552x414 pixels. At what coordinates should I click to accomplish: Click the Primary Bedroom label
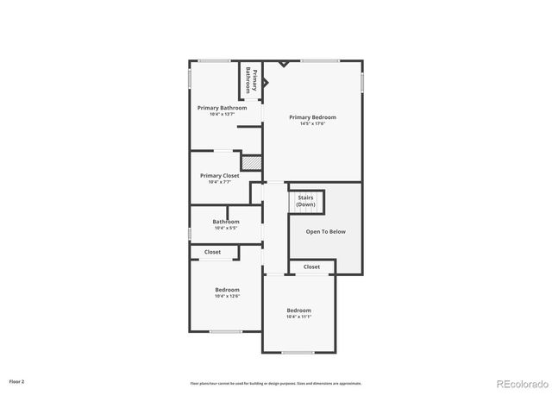pos(312,117)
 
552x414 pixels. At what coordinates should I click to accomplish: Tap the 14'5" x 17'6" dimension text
pos(312,123)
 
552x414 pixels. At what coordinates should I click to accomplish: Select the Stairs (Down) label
pos(306,201)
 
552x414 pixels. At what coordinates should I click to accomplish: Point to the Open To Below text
pos(326,231)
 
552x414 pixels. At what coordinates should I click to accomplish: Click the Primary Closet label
pos(220,175)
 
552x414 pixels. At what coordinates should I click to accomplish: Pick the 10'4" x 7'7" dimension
pos(220,181)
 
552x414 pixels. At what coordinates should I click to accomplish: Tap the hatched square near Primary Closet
pos(251,161)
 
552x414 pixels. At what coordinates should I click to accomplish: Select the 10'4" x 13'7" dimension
pos(222,114)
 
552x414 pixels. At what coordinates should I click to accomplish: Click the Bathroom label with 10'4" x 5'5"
pos(226,222)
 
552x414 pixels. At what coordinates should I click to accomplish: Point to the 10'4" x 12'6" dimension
pos(228,296)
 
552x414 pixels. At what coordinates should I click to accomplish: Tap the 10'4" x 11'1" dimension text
pos(299,317)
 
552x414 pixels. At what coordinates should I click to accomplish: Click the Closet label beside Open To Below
pos(311,267)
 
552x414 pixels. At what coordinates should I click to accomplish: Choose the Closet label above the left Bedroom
pos(212,252)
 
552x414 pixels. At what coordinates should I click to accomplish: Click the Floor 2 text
pos(17,380)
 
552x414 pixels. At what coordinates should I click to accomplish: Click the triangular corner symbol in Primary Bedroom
pos(283,64)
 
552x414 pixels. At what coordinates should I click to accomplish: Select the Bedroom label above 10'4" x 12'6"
pos(228,290)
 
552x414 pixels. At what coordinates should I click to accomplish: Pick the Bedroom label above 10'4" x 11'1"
pos(299,310)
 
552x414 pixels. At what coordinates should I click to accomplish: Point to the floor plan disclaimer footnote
pos(276,383)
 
